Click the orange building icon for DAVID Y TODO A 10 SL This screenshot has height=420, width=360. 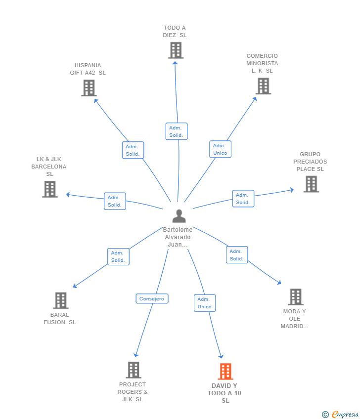tap(225, 371)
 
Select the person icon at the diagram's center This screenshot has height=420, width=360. tap(179, 216)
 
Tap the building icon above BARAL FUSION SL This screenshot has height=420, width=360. tap(60, 300)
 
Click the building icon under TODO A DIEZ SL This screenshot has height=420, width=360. tap(176, 50)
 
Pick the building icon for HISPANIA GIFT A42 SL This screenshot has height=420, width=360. tap(89, 88)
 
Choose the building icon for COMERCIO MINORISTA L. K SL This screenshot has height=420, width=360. tap(263, 86)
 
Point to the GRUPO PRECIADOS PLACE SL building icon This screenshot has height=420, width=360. tap(311, 184)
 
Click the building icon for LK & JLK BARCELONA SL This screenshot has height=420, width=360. tap(50, 189)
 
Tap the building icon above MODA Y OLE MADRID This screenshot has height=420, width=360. tap(296, 297)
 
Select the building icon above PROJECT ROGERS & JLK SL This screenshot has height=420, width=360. tap(134, 370)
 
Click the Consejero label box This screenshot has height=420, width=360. tap(152, 299)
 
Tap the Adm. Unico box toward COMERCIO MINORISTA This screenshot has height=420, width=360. tap(220, 149)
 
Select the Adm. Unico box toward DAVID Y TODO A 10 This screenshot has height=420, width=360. tap(205, 303)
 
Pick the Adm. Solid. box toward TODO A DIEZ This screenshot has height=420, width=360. tap(177, 131)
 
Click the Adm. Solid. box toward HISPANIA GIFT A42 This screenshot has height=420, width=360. tap(133, 150)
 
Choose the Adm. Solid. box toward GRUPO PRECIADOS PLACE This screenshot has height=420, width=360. tap(243, 199)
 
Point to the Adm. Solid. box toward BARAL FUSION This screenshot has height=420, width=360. tap(118, 256)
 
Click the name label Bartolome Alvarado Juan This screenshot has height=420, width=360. tap(179, 237)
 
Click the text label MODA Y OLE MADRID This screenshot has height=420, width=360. tap(295, 319)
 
